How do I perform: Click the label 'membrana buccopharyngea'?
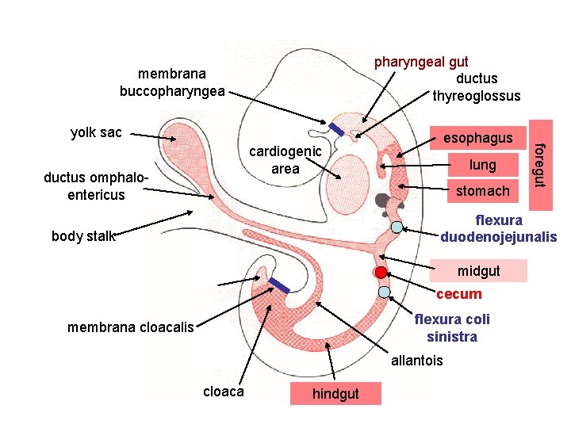pyautogui.click(x=172, y=82)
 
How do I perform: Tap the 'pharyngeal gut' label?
pyautogui.click(x=421, y=61)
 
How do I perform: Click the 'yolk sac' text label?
pyautogui.click(x=96, y=132)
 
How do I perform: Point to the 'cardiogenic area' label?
pyautogui.click(x=285, y=159)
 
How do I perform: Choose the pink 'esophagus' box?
pyautogui.click(x=477, y=139)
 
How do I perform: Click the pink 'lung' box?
pyautogui.click(x=482, y=165)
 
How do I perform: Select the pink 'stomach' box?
pyautogui.click(x=482, y=190)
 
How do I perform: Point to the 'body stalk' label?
pyautogui.click(x=82, y=235)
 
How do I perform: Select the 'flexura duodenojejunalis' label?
pyautogui.click(x=499, y=228)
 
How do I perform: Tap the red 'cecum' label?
pyautogui.click(x=458, y=294)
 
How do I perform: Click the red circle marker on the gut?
pyautogui.click(x=381, y=272)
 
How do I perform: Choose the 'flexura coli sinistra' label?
pyautogui.click(x=452, y=327)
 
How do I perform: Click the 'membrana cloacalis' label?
pyautogui.click(x=131, y=327)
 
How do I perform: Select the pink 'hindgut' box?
pyautogui.click(x=335, y=394)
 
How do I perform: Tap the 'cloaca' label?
pyautogui.click(x=224, y=392)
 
